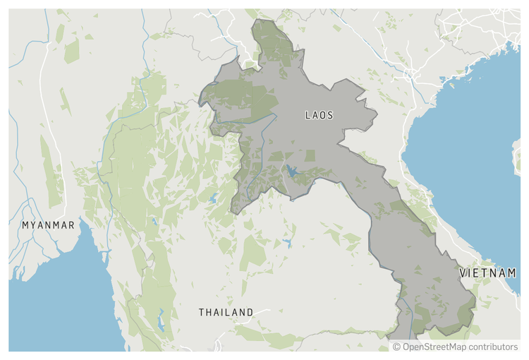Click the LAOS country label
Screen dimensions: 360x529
point(319,114)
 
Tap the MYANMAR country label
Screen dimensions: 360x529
point(48,225)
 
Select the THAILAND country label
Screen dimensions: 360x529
point(226,312)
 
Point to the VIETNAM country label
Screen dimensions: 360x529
point(488,272)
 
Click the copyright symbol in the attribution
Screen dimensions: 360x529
point(396,347)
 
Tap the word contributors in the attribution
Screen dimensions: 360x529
point(494,347)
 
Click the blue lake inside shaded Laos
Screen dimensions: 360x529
point(291,171)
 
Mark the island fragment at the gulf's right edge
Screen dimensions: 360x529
point(517,157)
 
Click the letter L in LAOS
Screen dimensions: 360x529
point(308,114)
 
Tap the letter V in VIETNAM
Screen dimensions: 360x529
point(463,272)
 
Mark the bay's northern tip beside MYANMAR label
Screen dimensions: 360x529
point(83,224)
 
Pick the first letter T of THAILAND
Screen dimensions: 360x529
point(202,312)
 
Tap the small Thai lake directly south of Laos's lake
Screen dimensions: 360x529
point(287,243)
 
